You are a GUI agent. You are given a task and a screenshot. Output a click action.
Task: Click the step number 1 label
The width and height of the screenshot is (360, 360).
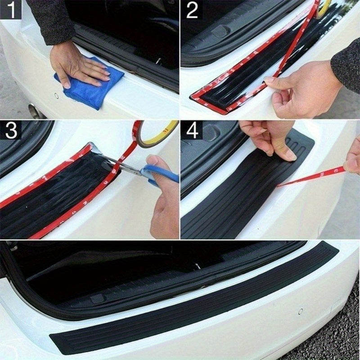(x=11, y=10)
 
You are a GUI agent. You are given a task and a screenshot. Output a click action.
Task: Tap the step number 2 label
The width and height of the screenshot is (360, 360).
(x=192, y=10)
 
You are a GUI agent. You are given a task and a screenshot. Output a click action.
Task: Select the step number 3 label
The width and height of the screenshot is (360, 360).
(x=11, y=130)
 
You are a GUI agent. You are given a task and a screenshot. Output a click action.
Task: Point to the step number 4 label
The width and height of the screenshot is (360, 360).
(x=193, y=130)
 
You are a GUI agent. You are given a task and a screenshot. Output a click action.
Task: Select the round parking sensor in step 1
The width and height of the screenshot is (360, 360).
(x=56, y=96)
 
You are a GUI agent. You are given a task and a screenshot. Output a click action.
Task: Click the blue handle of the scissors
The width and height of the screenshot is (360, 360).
(x=160, y=174)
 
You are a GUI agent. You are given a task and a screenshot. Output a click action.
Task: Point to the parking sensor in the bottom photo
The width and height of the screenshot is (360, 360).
(x=301, y=311)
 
